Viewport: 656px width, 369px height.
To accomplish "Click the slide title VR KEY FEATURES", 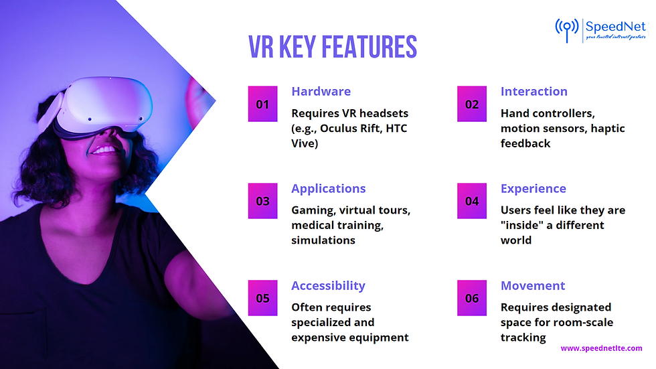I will pos(333,48).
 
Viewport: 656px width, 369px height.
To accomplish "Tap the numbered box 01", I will pos(262,104).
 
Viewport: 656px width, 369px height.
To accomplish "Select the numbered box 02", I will pos(472,104).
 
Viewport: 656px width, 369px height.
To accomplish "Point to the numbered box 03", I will pos(262,201).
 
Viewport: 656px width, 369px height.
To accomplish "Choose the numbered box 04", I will pos(472,201).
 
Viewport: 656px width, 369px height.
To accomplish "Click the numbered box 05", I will pos(262,298).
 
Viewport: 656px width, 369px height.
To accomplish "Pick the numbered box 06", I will pos(472,298).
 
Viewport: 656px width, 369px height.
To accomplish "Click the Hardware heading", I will pos(321,92).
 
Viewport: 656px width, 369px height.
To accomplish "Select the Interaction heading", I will pos(534,92).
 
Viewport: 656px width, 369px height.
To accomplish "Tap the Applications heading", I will pos(328,189).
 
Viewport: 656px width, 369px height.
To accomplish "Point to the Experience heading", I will pos(533,189).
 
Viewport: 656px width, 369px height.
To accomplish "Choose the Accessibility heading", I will pos(328,286).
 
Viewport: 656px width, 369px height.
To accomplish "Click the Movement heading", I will pos(533,286).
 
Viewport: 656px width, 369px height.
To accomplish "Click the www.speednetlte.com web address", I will pos(601,348).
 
